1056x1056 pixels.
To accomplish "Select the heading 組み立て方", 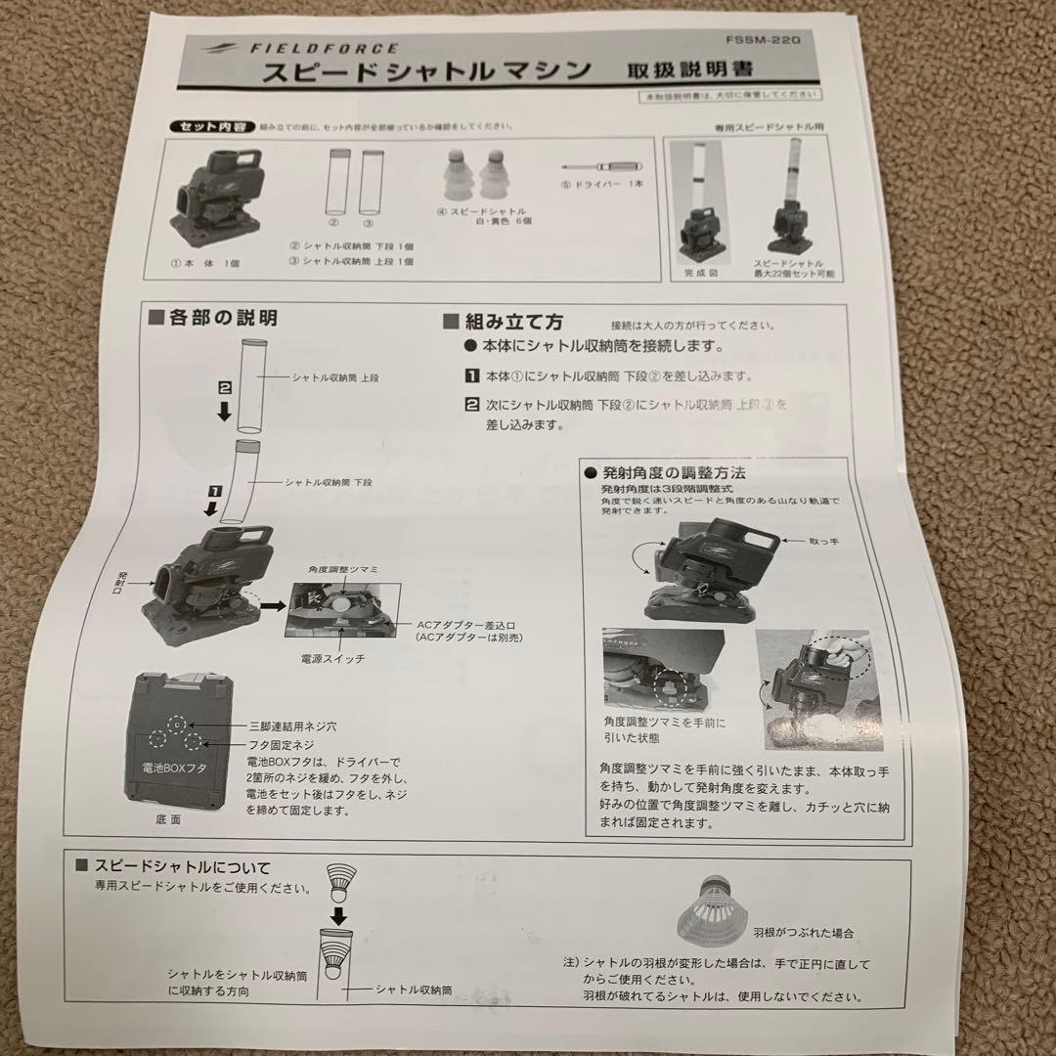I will (515, 323).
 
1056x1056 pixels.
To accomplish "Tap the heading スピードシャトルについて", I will (182, 866).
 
